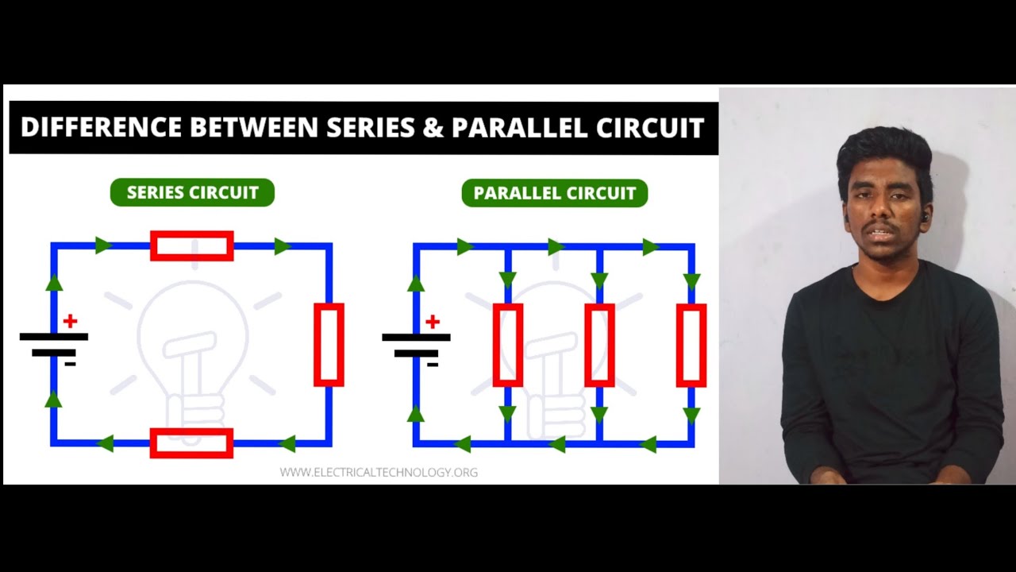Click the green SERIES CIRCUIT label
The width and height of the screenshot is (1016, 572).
tap(192, 193)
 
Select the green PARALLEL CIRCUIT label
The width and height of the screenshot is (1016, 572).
tap(555, 193)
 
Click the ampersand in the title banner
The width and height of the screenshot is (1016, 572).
tap(433, 128)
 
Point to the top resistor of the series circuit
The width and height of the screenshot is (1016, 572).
tap(192, 246)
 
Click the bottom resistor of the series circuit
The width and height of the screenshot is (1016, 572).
tap(192, 443)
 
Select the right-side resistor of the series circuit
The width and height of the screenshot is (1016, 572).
tap(329, 345)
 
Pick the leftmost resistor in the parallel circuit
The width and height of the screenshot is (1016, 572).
tap(507, 345)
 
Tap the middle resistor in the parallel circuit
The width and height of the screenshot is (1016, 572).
tap(599, 345)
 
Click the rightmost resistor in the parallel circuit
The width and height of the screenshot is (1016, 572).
tap(691, 345)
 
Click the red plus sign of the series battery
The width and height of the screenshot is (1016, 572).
tap(70, 321)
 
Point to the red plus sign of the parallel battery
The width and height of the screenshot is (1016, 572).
tap(433, 322)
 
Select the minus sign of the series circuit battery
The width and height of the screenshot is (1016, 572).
tap(70, 364)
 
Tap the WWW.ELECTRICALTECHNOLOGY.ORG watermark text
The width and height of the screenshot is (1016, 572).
tap(379, 472)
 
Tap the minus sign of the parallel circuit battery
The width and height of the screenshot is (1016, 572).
tap(433, 365)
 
